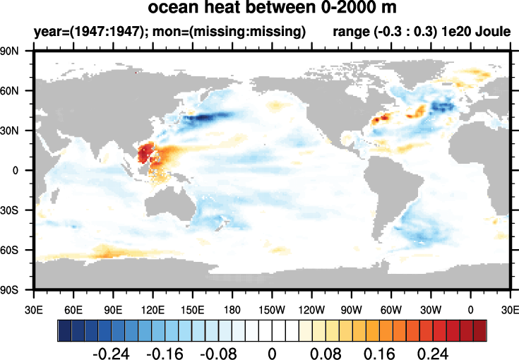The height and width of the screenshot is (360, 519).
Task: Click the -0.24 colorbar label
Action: pyautogui.click(x=108, y=352)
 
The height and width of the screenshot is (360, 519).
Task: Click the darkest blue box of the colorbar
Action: pyautogui.click(x=64, y=330)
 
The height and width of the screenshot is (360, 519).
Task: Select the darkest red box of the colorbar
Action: pyautogui.click(x=479, y=330)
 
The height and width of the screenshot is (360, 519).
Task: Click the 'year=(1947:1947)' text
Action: pyautogui.click(x=78, y=32)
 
